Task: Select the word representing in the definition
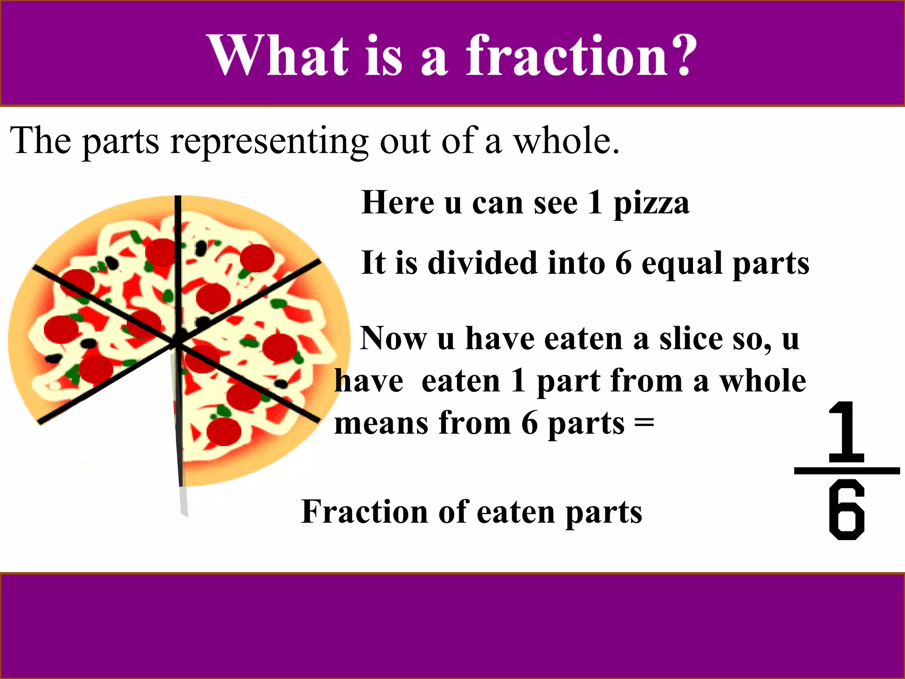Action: tap(269, 141)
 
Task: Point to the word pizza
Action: tap(651, 204)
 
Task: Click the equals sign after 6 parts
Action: tap(644, 423)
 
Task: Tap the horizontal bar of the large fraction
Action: tap(847, 470)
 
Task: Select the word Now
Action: tap(393, 339)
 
